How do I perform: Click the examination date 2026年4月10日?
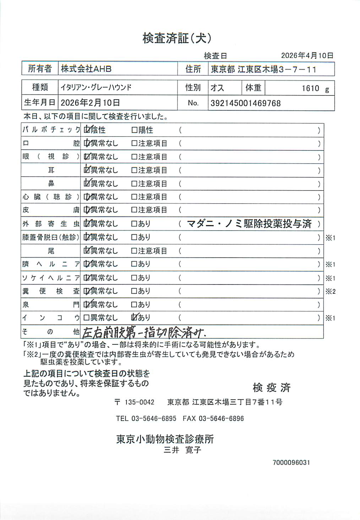click(307, 55)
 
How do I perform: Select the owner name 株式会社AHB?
click(86, 69)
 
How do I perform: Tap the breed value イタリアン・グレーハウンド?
click(96, 88)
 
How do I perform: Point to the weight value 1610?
click(310, 88)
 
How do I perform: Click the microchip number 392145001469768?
click(245, 103)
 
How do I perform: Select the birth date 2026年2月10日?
click(90, 103)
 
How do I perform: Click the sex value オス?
click(217, 88)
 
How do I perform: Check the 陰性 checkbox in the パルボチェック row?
click(86, 130)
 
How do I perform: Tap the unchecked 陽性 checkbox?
click(134, 130)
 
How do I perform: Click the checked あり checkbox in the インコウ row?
click(134, 317)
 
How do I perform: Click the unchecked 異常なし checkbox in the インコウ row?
click(86, 318)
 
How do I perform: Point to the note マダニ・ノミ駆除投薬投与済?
click(249, 224)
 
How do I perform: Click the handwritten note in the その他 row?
click(144, 332)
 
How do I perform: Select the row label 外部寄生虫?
click(51, 224)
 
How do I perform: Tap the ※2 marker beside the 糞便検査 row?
click(330, 292)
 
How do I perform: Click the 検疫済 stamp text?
click(272, 388)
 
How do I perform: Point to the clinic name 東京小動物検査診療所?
click(165, 439)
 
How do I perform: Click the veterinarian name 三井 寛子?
click(182, 450)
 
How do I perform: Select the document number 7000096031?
click(291, 463)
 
